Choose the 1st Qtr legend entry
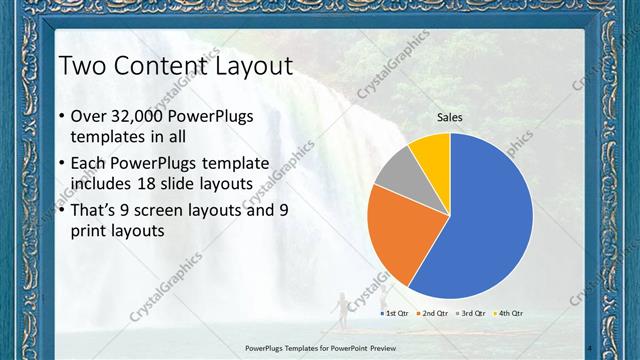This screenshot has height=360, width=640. click(396, 313)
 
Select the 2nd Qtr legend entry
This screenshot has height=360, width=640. click(432, 313)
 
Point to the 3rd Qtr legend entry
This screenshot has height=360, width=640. click(470, 313)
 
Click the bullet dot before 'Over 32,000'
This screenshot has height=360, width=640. click(62, 117)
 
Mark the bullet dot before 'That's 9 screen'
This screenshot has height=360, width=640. click(62, 210)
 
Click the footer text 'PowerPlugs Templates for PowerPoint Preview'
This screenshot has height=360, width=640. click(319, 348)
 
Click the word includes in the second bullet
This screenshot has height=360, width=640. click(105, 183)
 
